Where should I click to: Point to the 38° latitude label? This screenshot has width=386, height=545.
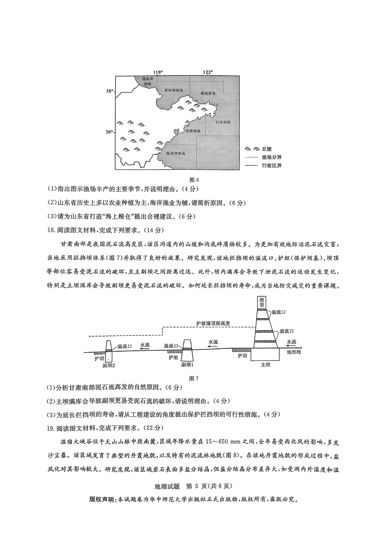110,91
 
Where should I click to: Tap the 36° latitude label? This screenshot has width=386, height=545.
110,132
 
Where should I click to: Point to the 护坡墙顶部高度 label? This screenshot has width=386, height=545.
214,323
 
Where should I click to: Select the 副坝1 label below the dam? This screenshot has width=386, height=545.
188,366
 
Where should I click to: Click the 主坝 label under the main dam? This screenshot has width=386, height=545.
265,365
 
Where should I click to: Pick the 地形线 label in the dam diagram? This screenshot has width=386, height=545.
293,352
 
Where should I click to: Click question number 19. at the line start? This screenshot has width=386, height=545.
51,426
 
